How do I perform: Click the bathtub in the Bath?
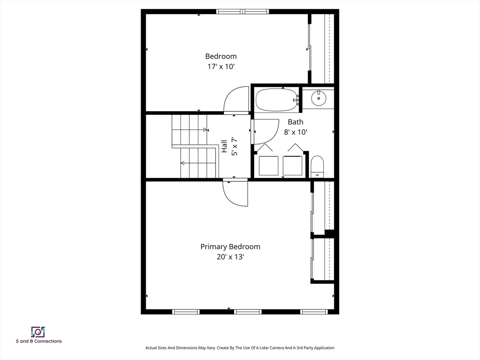pos(277,100)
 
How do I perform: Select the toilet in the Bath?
pos(317,167)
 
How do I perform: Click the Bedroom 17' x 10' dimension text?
pos(221,67)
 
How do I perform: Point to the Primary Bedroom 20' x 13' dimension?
pos(230,257)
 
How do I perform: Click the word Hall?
pos(224,146)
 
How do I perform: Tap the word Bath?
pos(295,122)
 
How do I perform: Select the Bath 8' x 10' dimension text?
pos(295,132)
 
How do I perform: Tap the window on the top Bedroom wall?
pos(242,12)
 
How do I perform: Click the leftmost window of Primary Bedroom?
pos(186,312)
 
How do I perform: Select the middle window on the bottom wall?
pos(248,312)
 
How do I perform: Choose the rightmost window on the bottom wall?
pos(314,312)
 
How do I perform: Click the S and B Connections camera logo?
pos(38,332)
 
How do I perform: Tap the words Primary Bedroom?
pos(230,247)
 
